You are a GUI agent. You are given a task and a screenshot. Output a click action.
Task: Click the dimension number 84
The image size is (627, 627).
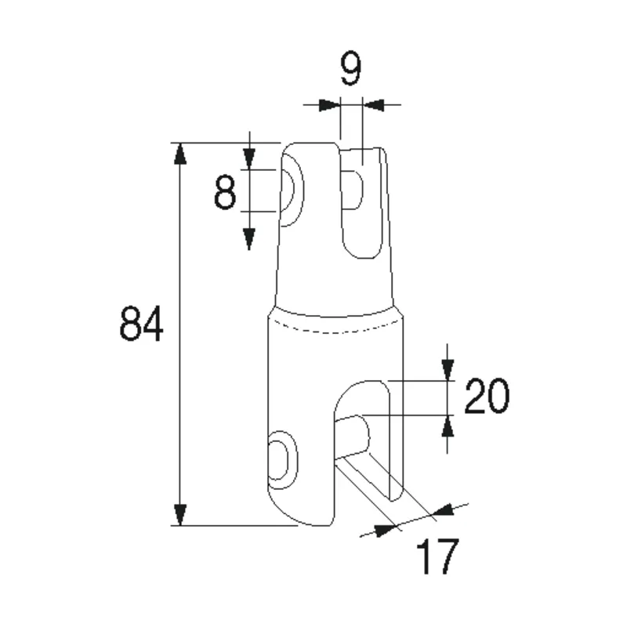(x=142, y=324)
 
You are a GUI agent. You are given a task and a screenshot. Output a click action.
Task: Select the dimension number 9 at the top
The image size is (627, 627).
(x=350, y=71)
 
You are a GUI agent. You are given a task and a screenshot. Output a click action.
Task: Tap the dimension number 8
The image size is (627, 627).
(x=225, y=191)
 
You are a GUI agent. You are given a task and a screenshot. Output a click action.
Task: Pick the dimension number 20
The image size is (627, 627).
(x=487, y=396)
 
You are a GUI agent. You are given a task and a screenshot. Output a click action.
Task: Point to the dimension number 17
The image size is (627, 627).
(x=436, y=557)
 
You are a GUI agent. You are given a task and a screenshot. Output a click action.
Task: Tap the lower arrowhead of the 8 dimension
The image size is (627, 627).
(x=248, y=236)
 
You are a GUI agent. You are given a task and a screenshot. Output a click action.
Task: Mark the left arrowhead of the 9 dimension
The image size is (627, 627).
(x=329, y=104)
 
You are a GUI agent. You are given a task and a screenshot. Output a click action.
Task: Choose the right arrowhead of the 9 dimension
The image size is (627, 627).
(x=374, y=104)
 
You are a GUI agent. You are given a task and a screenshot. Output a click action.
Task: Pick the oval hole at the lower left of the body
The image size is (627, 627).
(x=279, y=459)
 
